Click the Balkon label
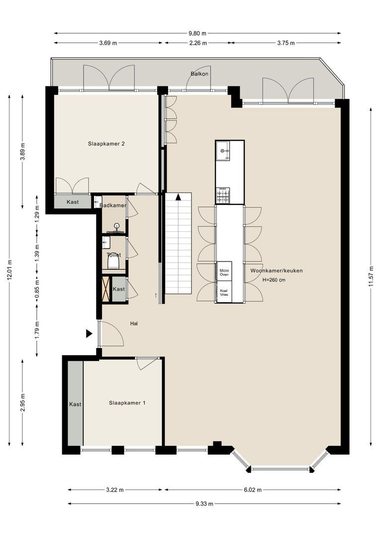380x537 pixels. pyautogui.click(x=199, y=74)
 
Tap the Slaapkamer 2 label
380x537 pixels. pyautogui.click(x=106, y=144)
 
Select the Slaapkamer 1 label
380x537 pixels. pyautogui.click(x=127, y=403)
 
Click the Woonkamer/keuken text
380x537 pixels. pyautogui.click(x=276, y=270)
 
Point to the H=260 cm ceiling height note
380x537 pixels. pyautogui.click(x=274, y=280)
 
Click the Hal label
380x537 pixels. pyautogui.click(x=134, y=323)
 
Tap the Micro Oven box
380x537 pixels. pyautogui.click(x=224, y=271)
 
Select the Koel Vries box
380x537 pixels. pyautogui.click(x=224, y=292)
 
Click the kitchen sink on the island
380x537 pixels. pyautogui.click(x=223, y=150)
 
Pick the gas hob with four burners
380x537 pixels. pyautogui.click(x=223, y=195)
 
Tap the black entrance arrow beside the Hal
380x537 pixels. pyautogui.click(x=89, y=334)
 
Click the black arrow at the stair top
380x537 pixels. pyautogui.click(x=178, y=197)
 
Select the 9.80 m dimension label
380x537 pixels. pyautogui.click(x=197, y=33)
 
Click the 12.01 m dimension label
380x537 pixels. pyautogui.click(x=9, y=270)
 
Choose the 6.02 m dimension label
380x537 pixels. pyautogui.click(x=253, y=490)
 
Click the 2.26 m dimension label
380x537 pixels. pyautogui.click(x=198, y=43)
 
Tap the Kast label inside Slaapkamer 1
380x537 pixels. pyautogui.click(x=76, y=404)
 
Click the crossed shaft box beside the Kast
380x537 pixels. pyautogui.click(x=107, y=289)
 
